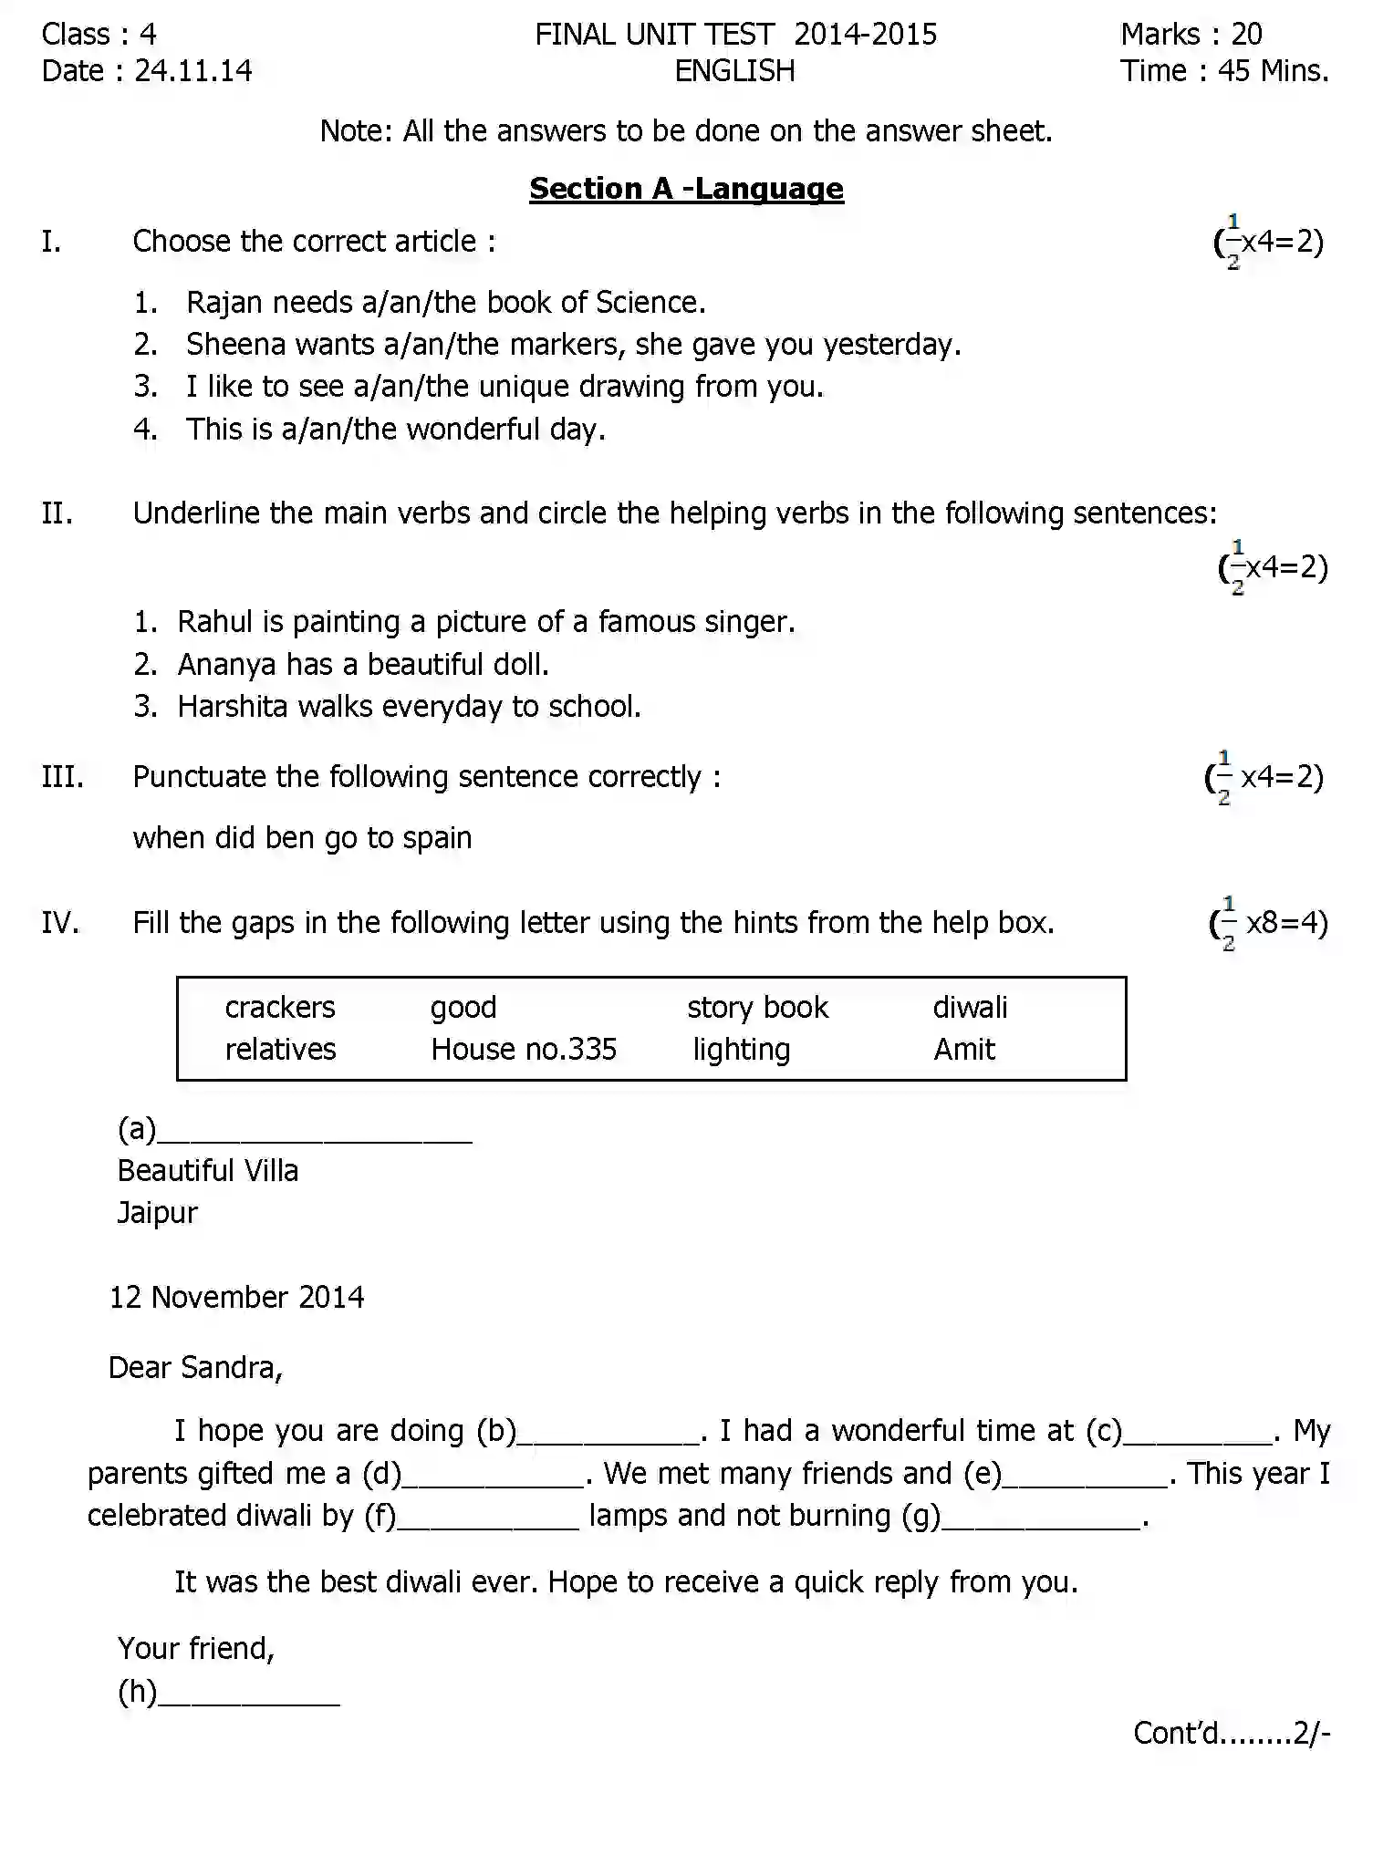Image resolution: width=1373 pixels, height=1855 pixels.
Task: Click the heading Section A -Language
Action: tap(686, 189)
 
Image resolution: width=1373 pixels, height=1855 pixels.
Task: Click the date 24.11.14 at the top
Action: tap(192, 71)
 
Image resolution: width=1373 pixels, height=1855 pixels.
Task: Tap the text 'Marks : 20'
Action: tap(1191, 35)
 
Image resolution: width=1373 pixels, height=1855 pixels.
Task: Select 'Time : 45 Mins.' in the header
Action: tap(1223, 71)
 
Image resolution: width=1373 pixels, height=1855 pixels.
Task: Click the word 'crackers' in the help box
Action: tap(280, 1007)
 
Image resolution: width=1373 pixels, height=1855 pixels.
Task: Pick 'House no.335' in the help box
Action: tap(524, 1050)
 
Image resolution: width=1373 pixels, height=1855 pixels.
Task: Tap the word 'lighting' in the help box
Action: tap(741, 1050)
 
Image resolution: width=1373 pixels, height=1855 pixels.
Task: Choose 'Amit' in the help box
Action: tap(963, 1050)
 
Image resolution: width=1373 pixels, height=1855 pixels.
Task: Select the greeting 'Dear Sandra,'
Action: tap(195, 1368)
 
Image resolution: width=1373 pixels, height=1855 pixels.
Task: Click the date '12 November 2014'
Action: tap(236, 1297)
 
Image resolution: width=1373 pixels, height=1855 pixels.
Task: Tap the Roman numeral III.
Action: tap(62, 777)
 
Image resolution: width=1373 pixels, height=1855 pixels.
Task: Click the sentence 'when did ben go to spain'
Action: tap(302, 838)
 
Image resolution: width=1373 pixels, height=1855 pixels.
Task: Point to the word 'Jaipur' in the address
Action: tap(157, 1213)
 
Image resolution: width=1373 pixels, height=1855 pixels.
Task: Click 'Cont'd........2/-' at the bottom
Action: tap(1231, 1733)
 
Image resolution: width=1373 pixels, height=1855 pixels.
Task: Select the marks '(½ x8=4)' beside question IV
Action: tap(1268, 923)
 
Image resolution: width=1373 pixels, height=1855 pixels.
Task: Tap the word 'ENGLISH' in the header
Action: tap(734, 71)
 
